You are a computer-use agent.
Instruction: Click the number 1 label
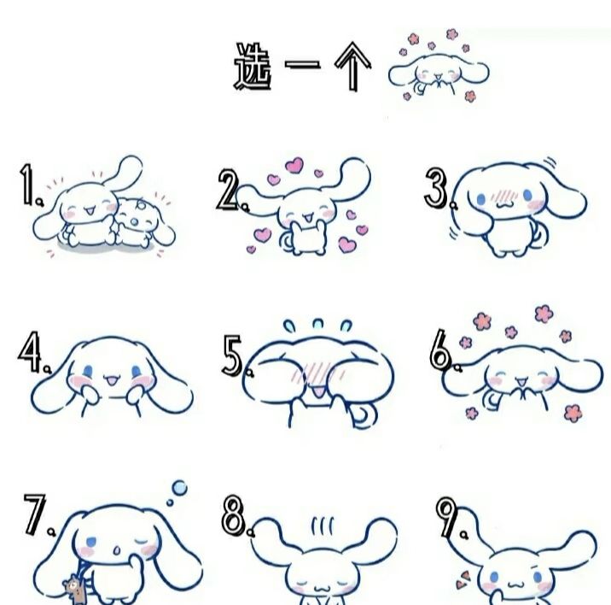26,185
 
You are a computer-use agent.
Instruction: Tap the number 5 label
232,355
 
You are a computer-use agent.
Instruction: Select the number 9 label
446,517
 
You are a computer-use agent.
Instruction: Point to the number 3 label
436,188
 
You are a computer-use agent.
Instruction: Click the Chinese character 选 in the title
253,67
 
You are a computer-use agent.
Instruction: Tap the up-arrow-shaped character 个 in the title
352,67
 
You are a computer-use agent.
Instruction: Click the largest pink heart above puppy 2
294,166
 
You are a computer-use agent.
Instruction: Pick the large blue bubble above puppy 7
180,488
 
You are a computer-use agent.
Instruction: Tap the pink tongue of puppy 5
319,392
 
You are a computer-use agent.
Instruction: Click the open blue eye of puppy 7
91,542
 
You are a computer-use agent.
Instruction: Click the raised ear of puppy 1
123,172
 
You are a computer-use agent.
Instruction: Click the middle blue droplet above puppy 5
318,324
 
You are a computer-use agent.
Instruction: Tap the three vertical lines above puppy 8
323,526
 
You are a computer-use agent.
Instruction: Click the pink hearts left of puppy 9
463,579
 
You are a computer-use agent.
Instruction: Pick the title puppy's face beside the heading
438,72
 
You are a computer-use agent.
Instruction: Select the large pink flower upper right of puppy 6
544,314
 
